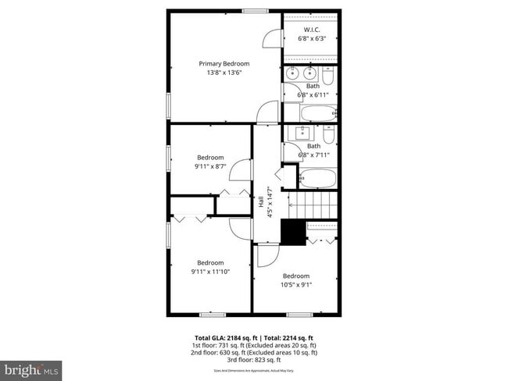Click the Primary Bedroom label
pos(224,63)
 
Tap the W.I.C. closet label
pos(312,30)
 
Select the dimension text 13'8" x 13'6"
pos(224,73)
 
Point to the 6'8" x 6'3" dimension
pos(312,39)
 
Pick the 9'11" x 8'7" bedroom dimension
pos(209,166)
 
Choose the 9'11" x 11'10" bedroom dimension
pos(210,272)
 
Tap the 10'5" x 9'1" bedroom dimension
pos(295,285)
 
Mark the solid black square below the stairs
pos(293,232)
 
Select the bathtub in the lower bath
pos(317,178)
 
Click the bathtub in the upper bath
pos(317,113)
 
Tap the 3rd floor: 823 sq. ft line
pos(254,360)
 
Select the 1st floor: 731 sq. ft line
pos(254,345)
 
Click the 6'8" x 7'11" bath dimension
pos(313,155)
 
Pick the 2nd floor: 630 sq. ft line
pos(254,353)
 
